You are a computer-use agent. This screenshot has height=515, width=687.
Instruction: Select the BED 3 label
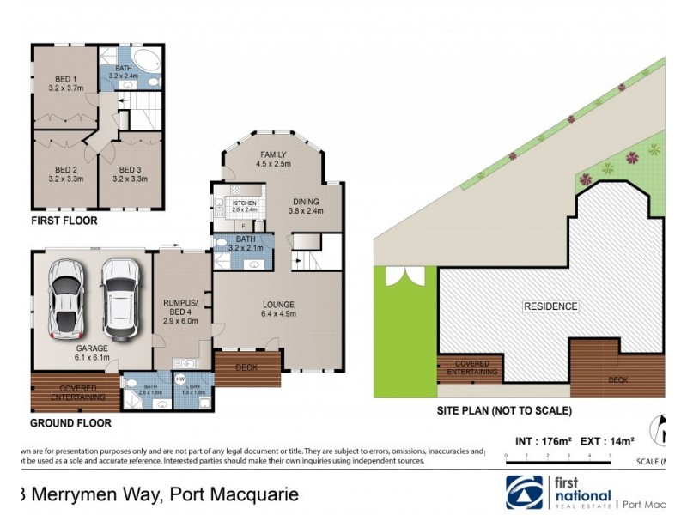coord(129,174)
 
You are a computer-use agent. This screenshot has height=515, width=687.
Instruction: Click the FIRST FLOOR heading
coord(64,221)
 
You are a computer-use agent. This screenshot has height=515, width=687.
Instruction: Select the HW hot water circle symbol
coord(180,379)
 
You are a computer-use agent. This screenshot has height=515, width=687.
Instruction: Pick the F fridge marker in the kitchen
coord(243,225)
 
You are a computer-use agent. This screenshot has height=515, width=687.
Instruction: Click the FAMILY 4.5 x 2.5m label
coord(273,160)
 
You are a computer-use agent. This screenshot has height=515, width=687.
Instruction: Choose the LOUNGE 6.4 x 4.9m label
coord(279,309)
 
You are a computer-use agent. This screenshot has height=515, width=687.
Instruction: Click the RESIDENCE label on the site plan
coord(550,306)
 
